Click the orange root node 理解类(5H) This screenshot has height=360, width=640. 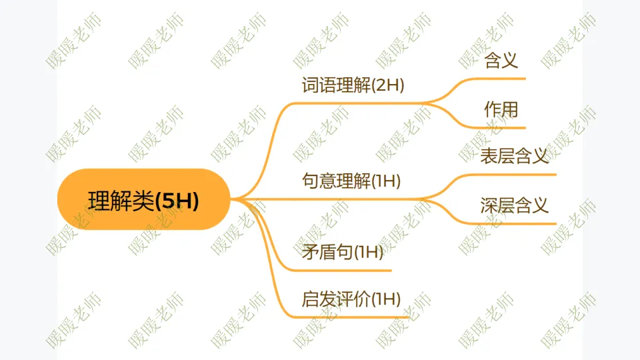coord(143,199)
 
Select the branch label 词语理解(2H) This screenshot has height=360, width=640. coord(353,86)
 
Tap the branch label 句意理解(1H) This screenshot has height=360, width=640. coord(351,181)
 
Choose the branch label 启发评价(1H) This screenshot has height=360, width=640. coord(351,299)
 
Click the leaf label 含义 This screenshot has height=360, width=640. coord(501,61)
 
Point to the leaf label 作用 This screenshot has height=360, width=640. coord(501,109)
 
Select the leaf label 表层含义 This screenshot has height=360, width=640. coord(514,157)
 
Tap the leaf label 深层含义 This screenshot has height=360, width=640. coord(514,205)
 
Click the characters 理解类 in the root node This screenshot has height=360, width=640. coord(121,200)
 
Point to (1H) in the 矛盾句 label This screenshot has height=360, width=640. coord(368,252)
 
